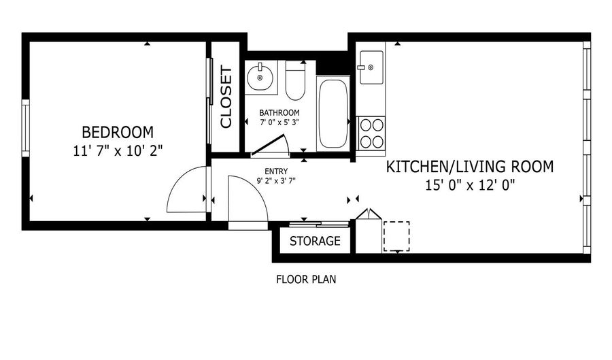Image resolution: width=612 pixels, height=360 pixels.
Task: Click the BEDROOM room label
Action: pyautogui.click(x=118, y=133)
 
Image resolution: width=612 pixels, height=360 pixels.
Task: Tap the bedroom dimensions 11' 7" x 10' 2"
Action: pyautogui.click(x=118, y=150)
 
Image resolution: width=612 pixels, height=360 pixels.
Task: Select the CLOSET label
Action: pyautogui.click(x=226, y=97)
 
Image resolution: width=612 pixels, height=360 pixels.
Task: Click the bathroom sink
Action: pyautogui.click(x=260, y=77)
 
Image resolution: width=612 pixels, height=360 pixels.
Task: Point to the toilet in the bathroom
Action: pyautogui.click(x=295, y=80)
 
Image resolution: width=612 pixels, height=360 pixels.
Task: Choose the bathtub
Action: pyautogui.click(x=333, y=114)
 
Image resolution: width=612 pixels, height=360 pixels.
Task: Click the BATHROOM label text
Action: pyautogui.click(x=279, y=113)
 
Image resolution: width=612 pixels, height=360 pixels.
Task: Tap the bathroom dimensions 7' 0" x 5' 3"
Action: pyautogui.click(x=279, y=122)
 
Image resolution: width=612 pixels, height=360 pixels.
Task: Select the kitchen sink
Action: pyautogui.click(x=371, y=67)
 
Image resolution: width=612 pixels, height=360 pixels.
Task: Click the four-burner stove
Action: pyautogui.click(x=371, y=133)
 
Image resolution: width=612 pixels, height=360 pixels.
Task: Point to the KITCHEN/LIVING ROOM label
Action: pyautogui.click(x=470, y=167)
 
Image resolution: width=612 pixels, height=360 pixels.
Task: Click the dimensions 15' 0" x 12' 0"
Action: pyautogui.click(x=470, y=184)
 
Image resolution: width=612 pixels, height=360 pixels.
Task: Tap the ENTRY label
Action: pyautogui.click(x=276, y=171)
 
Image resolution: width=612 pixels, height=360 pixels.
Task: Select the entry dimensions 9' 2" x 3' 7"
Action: pyautogui.click(x=276, y=180)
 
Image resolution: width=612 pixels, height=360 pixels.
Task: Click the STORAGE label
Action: pyautogui.click(x=315, y=241)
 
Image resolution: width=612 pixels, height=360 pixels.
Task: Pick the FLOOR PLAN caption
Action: pyautogui.click(x=306, y=280)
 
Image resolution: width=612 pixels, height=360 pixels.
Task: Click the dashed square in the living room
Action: pyautogui.click(x=396, y=236)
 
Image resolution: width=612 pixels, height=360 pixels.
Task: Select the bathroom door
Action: pyautogui.click(x=269, y=145)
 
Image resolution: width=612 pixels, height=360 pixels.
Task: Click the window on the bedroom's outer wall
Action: pyautogui.click(x=25, y=128)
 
